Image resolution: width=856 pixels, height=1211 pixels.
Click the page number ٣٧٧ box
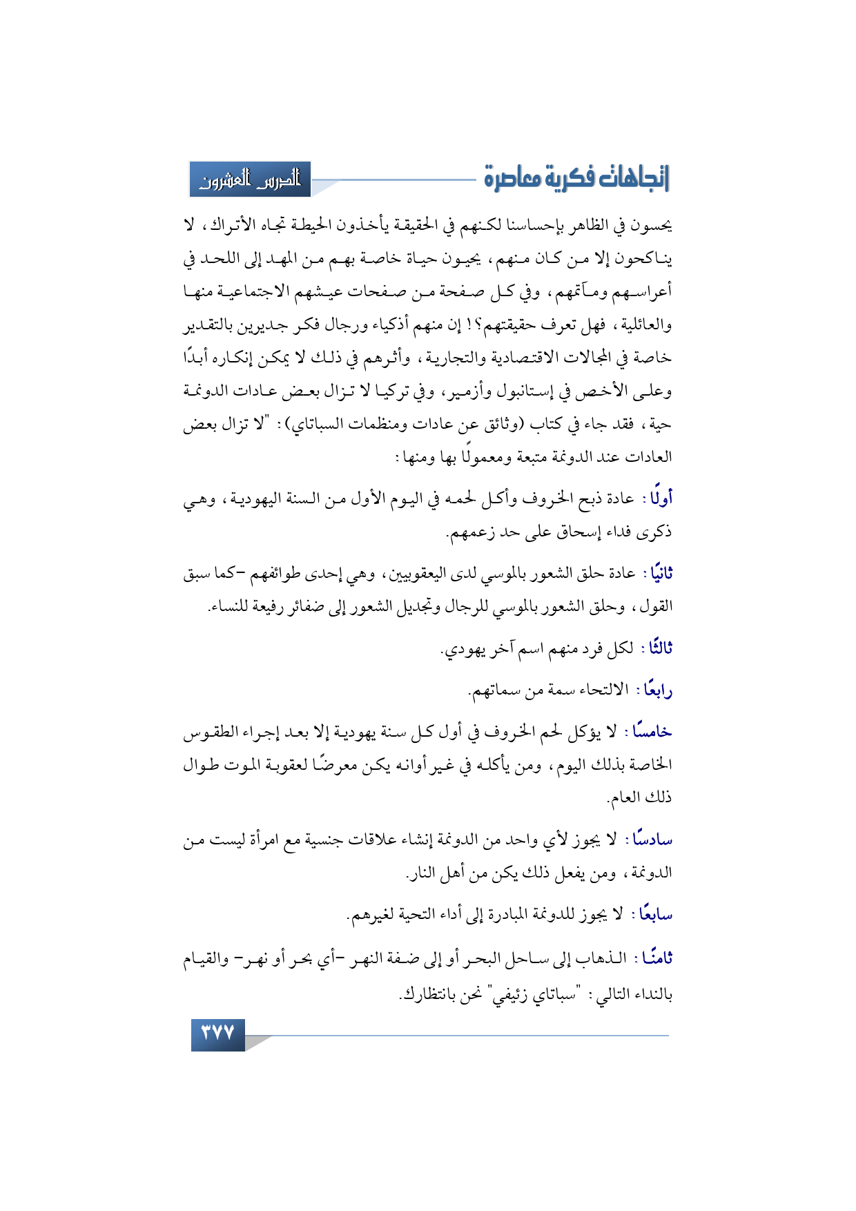point(217,1033)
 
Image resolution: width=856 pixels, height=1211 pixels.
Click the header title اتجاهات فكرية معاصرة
point(576,179)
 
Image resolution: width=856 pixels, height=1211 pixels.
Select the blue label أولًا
point(661,498)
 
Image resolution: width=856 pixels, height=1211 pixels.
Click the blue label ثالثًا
point(657,648)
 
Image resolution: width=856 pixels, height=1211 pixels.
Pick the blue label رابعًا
point(657,690)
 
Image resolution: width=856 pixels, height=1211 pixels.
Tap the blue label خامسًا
point(652,732)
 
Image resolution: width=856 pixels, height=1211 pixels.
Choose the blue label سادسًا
point(652,840)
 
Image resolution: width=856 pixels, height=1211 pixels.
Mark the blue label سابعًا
point(655,915)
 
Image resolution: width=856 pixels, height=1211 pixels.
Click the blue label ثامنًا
point(656,958)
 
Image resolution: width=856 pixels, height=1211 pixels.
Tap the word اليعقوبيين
point(420,574)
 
